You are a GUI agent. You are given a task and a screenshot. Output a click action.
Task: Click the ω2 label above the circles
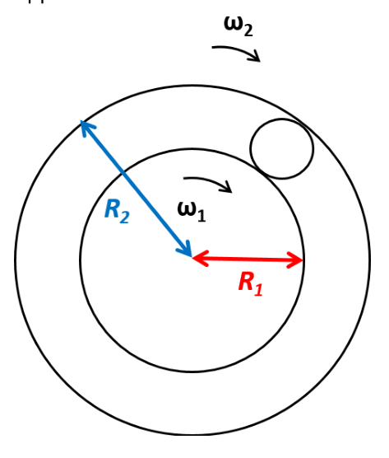point(238,26)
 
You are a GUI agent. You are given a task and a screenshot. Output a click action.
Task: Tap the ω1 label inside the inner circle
point(192,212)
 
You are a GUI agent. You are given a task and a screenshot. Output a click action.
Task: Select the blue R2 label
point(117,211)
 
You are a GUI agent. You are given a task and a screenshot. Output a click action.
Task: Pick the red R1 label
point(251,283)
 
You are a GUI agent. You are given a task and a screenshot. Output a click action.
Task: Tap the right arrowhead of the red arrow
point(295,259)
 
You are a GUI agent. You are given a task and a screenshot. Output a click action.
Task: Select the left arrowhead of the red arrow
point(201,258)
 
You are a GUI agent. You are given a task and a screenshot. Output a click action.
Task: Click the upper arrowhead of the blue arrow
point(86,128)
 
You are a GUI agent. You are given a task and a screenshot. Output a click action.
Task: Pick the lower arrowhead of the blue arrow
point(184,249)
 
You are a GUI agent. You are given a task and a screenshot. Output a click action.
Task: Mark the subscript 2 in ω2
point(248,30)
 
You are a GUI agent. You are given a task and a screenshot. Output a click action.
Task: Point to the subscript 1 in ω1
point(201,216)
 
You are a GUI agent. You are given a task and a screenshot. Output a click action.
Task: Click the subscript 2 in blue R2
point(124,217)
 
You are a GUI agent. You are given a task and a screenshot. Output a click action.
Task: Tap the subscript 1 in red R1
point(257,289)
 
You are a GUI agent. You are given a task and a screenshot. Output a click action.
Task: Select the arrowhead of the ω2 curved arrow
point(255,56)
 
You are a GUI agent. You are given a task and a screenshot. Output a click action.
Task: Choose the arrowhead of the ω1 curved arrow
point(226,187)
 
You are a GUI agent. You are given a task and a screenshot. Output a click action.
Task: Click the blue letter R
point(111,208)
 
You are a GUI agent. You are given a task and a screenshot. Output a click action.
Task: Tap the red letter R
point(246,281)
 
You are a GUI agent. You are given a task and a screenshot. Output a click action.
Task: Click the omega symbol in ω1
point(187,209)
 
